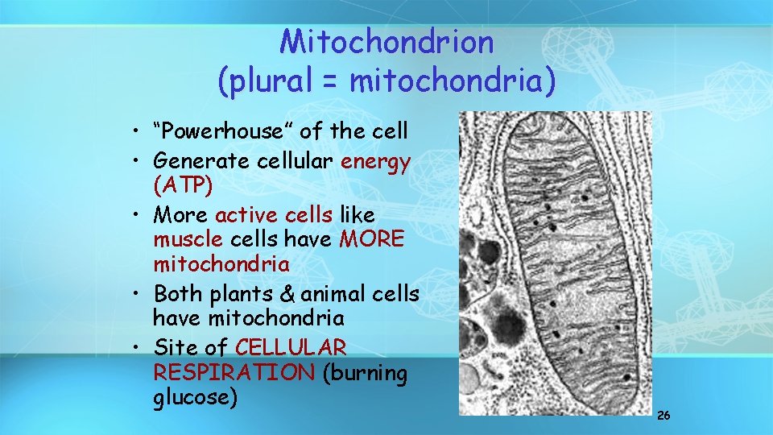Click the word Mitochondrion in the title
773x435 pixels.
coord(386,43)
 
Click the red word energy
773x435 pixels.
coord(375,161)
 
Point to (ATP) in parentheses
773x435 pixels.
coord(183,188)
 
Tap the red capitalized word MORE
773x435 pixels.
coord(372,241)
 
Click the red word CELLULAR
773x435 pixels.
coord(291,348)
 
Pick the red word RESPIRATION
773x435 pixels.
coord(233,374)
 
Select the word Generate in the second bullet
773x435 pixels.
coord(202,161)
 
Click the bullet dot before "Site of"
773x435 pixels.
coord(139,349)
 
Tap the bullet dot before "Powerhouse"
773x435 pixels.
coord(139,131)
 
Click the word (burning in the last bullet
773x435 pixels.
coord(366,374)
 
